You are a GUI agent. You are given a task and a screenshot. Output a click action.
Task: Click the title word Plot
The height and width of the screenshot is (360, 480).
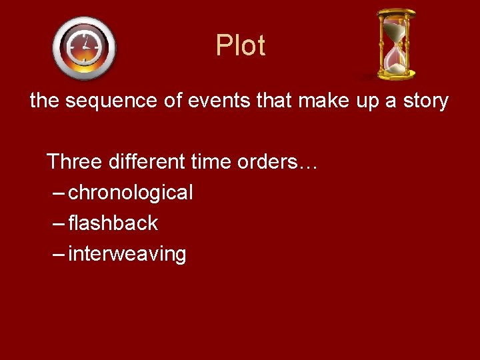pos(241,46)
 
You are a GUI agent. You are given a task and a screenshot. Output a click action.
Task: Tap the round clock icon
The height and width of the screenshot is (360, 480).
pos(84,48)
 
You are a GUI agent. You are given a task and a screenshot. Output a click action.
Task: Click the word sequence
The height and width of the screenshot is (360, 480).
pos(106,101)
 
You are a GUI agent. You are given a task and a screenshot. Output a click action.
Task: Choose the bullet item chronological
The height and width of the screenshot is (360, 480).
pos(131,193)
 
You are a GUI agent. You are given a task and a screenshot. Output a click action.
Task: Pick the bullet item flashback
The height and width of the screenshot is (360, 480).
pos(113,223)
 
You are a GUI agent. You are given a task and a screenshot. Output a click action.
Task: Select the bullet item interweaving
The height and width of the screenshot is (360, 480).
pos(127,254)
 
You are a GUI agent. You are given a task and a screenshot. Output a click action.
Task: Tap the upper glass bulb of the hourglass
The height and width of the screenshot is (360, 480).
pos(396,31)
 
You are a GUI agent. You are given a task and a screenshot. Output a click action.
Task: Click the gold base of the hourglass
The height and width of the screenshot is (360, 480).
pos(397,74)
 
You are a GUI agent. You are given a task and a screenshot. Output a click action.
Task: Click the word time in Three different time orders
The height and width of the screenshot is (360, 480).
pos(211,161)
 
